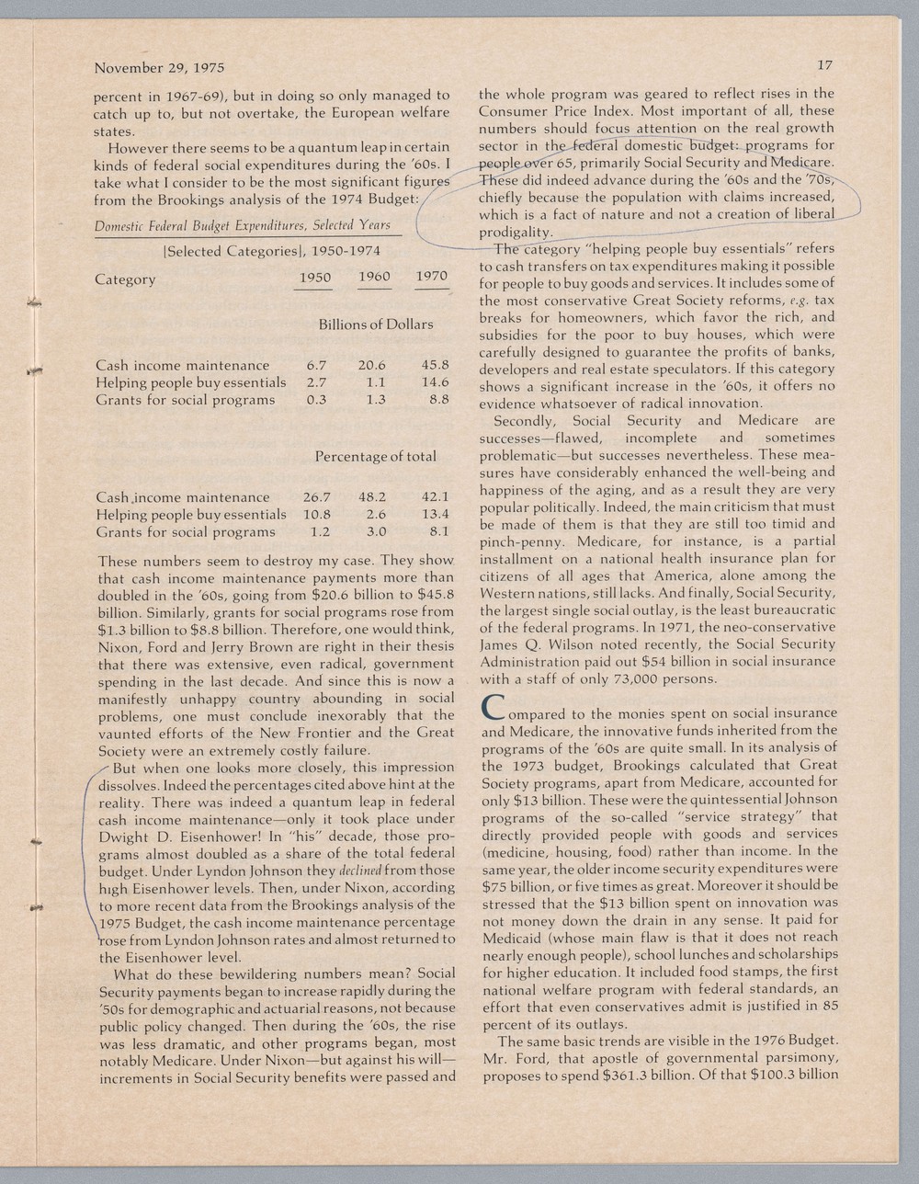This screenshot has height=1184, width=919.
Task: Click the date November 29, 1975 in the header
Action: (159, 68)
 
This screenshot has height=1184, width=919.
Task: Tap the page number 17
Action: (824, 65)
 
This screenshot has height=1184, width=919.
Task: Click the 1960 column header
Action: (374, 277)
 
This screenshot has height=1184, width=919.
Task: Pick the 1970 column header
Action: (432, 276)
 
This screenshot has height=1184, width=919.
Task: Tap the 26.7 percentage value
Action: (316, 497)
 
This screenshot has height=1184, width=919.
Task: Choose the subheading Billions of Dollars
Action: (376, 324)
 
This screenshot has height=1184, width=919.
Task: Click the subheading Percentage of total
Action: (376, 456)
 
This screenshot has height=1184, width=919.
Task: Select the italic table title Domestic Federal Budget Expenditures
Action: (243, 225)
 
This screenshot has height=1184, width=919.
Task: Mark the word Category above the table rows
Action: (125, 279)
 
